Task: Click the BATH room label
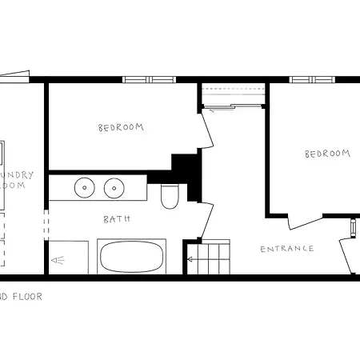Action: tap(116, 218)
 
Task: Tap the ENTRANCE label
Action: tap(287, 249)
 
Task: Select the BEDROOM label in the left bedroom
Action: tap(121, 127)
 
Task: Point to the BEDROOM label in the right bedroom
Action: tap(327, 154)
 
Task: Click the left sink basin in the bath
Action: tap(85, 189)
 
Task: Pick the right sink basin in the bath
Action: tap(114, 189)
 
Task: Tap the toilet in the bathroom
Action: tap(169, 196)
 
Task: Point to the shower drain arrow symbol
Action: tap(58, 260)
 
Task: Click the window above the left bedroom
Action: tap(149, 79)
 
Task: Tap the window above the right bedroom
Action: tap(313, 79)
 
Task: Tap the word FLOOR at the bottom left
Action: tap(26, 296)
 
